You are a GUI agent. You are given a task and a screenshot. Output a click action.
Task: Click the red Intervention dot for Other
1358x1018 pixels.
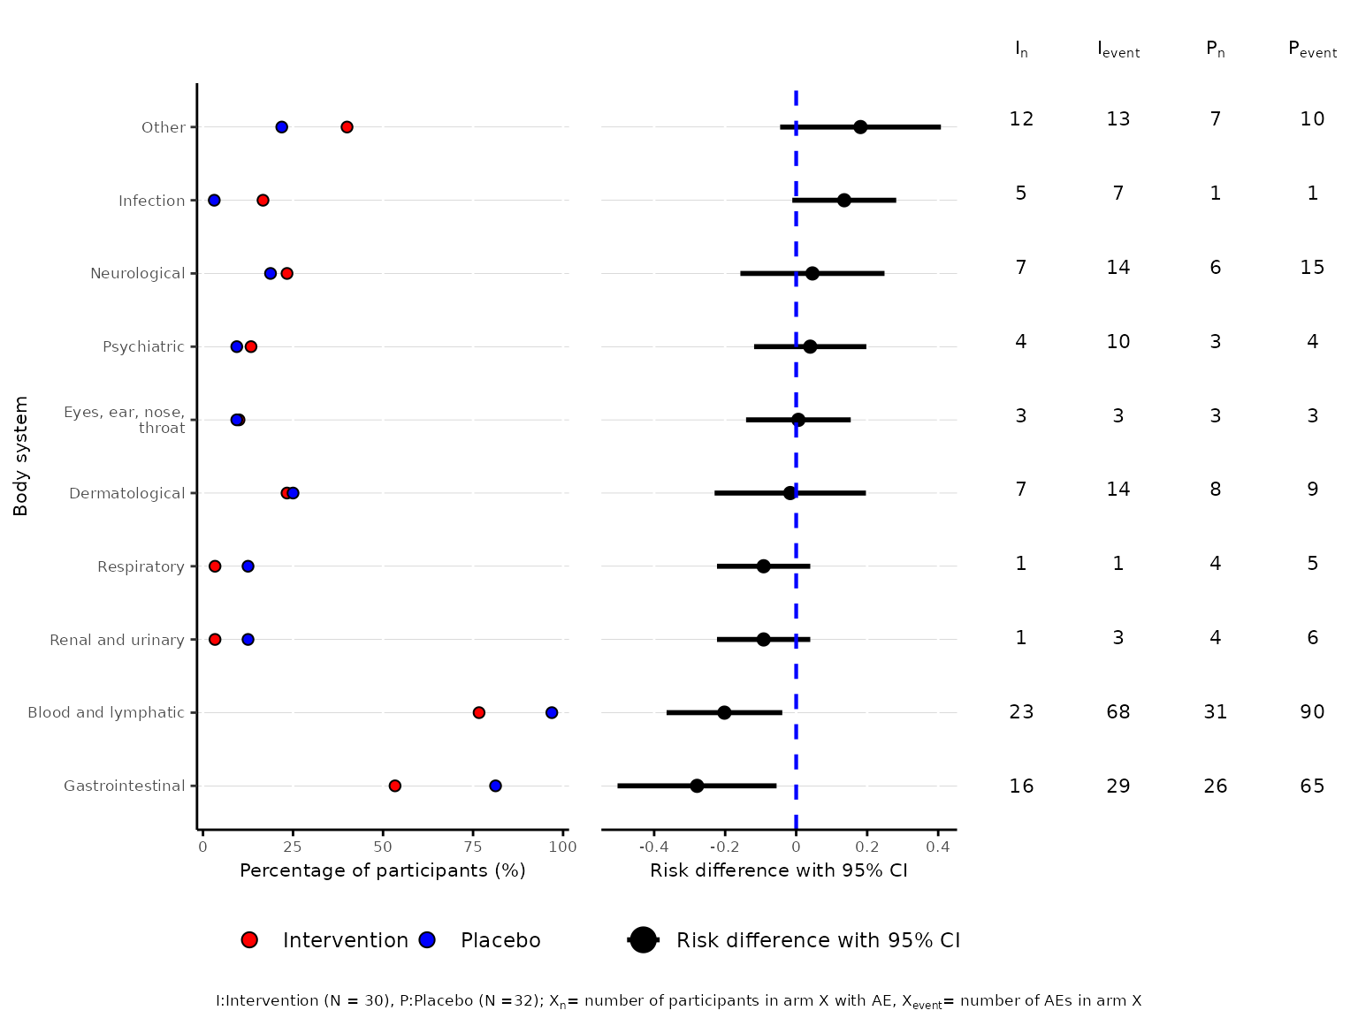(x=347, y=127)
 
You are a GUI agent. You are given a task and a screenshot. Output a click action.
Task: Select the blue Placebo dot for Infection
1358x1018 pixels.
(x=214, y=201)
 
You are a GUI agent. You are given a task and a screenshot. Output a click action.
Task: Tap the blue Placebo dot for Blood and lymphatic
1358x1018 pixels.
(x=552, y=712)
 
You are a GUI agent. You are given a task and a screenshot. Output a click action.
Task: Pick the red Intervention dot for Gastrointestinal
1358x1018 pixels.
(x=395, y=786)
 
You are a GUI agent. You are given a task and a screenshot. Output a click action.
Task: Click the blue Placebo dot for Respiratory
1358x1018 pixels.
(x=248, y=566)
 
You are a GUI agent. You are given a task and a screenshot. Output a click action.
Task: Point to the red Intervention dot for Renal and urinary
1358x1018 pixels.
(x=215, y=639)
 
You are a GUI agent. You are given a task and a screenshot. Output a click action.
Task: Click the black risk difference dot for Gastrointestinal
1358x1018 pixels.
(x=697, y=786)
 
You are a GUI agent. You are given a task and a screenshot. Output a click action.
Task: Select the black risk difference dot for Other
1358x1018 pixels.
(x=860, y=127)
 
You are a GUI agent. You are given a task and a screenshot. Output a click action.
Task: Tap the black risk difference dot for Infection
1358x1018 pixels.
(x=844, y=201)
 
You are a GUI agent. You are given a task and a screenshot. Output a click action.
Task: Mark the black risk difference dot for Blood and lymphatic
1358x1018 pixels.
(x=724, y=712)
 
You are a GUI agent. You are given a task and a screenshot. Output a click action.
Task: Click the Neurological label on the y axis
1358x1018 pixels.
(x=138, y=274)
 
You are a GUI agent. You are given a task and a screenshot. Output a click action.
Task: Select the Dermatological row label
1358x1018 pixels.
(x=127, y=493)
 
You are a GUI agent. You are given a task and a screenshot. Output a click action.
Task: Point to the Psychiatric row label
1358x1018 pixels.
(x=143, y=346)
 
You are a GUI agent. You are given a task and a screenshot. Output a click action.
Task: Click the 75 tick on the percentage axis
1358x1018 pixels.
(x=473, y=847)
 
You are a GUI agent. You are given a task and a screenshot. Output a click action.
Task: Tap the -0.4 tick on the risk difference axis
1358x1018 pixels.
(x=653, y=847)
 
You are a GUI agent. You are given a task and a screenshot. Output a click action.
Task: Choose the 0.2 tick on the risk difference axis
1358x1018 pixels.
(x=867, y=847)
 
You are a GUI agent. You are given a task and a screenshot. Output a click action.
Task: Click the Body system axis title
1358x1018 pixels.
(x=21, y=456)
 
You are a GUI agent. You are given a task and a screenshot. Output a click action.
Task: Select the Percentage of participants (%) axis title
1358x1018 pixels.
(x=383, y=870)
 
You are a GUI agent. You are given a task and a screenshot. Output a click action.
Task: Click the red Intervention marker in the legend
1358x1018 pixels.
(x=249, y=940)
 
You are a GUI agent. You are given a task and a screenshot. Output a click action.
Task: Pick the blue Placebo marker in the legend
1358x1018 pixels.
(x=427, y=940)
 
